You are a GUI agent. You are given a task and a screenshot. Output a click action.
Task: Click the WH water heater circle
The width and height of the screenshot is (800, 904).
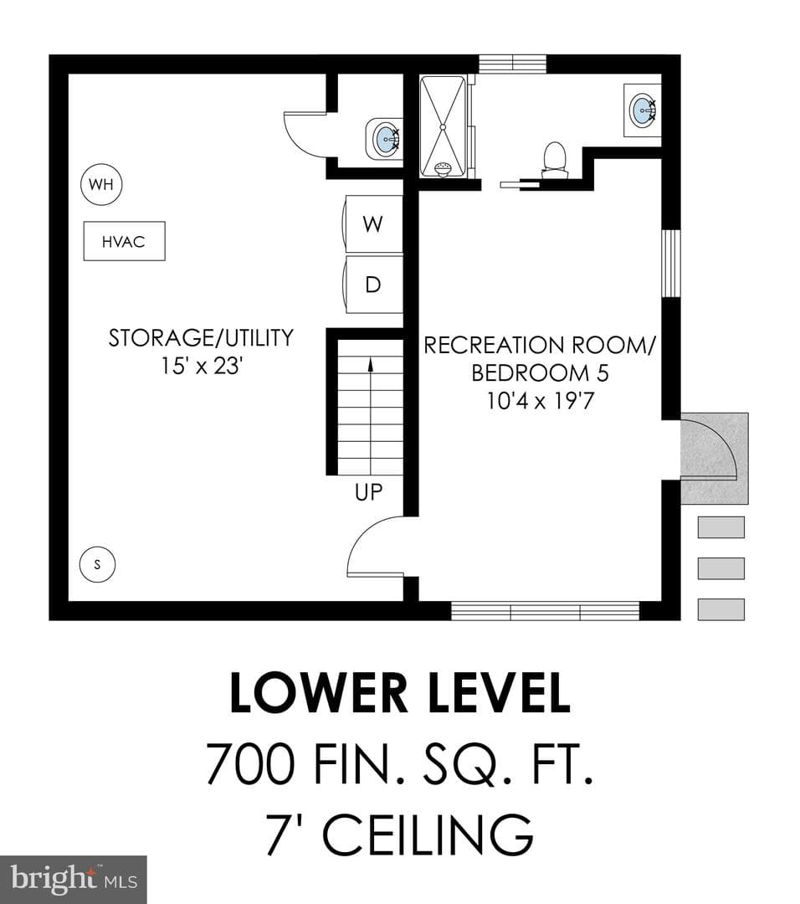click(x=101, y=184)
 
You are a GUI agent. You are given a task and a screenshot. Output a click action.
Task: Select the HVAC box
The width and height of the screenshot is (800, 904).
click(x=125, y=241)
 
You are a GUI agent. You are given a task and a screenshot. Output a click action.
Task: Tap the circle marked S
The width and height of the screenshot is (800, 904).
click(x=97, y=564)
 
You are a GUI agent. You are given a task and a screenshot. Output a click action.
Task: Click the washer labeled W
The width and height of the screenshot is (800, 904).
click(x=373, y=223)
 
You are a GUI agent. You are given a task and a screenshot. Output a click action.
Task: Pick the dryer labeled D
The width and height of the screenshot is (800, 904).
click(x=373, y=285)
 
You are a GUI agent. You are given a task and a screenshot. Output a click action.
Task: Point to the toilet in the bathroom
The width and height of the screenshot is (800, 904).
click(x=555, y=159)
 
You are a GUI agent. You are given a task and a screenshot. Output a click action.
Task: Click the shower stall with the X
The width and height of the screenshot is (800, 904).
click(x=443, y=126)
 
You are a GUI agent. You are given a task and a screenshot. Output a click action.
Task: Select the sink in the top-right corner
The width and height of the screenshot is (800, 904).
click(x=642, y=110)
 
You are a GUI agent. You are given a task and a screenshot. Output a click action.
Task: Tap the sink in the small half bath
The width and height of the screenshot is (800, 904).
click(x=384, y=138)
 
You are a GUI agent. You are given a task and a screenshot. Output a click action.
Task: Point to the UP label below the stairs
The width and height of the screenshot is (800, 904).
click(x=368, y=492)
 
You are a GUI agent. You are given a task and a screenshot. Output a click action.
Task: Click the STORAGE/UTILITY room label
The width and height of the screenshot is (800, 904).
click(x=201, y=338)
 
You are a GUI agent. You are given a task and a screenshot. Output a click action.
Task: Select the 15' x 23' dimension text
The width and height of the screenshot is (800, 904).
click(x=201, y=366)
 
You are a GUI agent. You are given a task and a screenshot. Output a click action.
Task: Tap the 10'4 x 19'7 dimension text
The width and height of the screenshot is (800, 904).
click(x=540, y=401)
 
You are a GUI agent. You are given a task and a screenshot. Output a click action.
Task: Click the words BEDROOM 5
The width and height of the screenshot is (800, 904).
click(x=540, y=373)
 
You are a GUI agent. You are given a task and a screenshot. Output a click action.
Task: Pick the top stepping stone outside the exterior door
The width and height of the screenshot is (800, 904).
click(x=721, y=527)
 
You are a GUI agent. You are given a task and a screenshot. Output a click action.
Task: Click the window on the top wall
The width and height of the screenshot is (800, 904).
click(x=512, y=64)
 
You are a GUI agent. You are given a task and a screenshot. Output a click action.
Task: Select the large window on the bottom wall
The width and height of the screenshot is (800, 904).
click(x=545, y=610)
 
